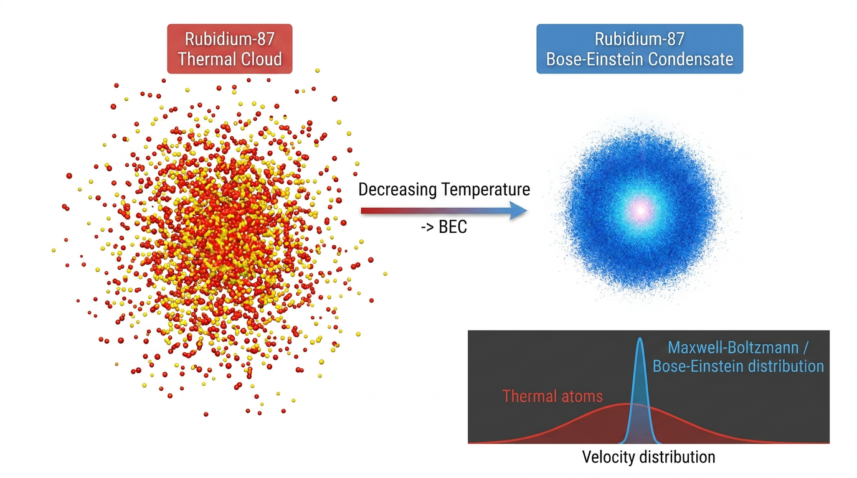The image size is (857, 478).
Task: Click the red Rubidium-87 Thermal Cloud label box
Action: pyautogui.click(x=230, y=49)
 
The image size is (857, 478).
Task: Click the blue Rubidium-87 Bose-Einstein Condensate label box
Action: pyautogui.click(x=640, y=49)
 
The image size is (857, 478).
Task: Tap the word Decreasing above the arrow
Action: pyautogui.click(x=397, y=190)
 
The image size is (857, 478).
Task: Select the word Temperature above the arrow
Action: pyautogui.click(x=486, y=189)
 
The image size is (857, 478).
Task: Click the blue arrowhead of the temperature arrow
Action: pyautogui.click(x=519, y=211)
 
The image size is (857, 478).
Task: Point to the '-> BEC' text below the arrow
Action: pyautogui.click(x=444, y=227)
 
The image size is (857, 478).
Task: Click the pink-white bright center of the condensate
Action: pyautogui.click(x=641, y=210)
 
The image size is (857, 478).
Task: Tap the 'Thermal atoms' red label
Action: pyautogui.click(x=552, y=396)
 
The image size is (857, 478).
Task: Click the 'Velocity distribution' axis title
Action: pyautogui.click(x=648, y=457)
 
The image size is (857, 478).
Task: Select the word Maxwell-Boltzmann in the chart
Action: pyautogui.click(x=733, y=347)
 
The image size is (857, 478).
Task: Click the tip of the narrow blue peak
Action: pyautogui.click(x=640, y=338)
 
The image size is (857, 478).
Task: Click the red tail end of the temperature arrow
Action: pyautogui.click(x=362, y=211)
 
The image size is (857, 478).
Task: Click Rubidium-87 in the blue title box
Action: pyautogui.click(x=640, y=39)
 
